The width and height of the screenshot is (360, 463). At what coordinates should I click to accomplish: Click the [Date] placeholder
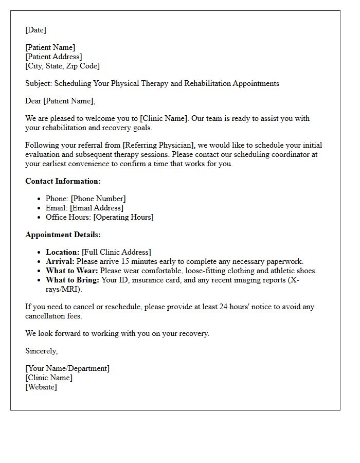coord(35,30)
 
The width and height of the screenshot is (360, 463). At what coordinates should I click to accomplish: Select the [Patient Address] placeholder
coord(53,57)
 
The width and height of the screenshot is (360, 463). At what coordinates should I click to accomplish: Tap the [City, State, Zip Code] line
coord(62,66)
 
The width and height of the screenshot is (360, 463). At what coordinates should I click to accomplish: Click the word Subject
coord(39,83)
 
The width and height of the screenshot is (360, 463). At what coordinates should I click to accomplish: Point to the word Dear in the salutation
coord(33,101)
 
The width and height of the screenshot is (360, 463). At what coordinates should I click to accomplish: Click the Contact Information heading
coord(63,181)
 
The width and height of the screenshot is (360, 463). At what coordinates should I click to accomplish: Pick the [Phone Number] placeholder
coord(98,199)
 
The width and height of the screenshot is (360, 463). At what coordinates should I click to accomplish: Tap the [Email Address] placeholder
coord(96,208)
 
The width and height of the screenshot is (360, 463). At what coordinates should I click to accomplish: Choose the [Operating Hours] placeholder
coord(123,217)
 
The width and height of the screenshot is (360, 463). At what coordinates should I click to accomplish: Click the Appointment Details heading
coord(63,235)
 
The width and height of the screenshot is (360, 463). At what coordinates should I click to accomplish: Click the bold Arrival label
coord(60,261)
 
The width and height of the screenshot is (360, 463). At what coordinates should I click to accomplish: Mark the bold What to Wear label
coord(71,271)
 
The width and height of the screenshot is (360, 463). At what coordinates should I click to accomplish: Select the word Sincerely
coord(41,351)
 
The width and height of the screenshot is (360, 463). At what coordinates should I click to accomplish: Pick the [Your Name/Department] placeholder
coord(67,368)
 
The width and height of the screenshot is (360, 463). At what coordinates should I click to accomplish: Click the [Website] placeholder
coord(41,387)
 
